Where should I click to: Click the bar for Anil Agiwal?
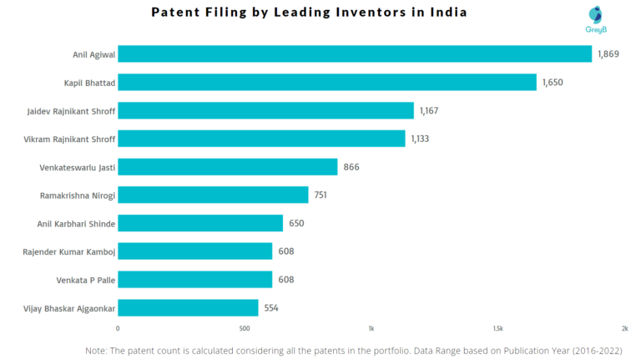point(355,54)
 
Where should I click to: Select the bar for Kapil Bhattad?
point(327,82)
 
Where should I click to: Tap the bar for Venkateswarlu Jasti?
point(228,167)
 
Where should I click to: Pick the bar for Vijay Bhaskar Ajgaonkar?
point(188,307)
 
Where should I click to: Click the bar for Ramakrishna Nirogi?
point(213,195)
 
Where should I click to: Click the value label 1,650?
point(554,82)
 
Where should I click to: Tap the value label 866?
point(351,167)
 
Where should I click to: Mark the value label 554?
point(271,307)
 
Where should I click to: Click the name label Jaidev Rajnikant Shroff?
point(71,110)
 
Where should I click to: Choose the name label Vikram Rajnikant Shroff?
point(70,139)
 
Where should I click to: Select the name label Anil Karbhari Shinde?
point(76,223)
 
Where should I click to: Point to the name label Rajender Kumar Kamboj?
point(71,251)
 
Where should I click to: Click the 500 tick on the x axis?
point(245,328)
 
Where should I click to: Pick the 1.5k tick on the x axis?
point(497,328)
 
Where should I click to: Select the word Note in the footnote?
point(96,351)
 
